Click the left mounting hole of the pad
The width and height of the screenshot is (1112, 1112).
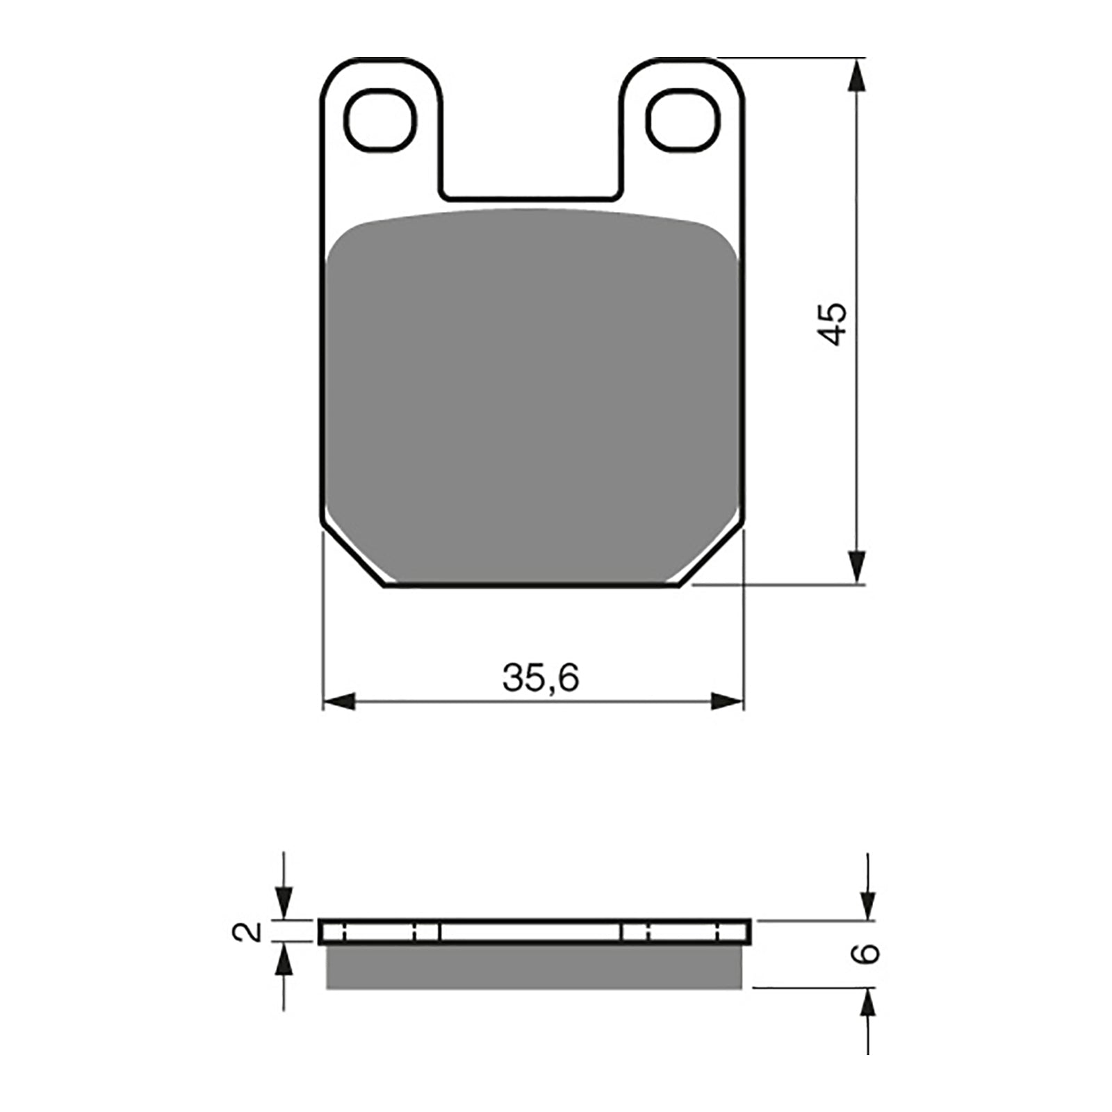click(x=381, y=120)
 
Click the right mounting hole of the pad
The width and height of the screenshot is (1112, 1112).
click(x=682, y=120)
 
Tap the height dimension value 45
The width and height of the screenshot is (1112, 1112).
click(x=832, y=323)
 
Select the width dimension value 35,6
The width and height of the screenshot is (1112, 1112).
click(x=541, y=678)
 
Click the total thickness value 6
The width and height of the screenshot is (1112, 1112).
click(x=867, y=954)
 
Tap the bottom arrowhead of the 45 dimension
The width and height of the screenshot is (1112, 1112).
click(x=858, y=566)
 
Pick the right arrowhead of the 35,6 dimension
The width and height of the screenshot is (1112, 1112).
click(x=727, y=701)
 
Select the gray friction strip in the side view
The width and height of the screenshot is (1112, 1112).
click(x=534, y=967)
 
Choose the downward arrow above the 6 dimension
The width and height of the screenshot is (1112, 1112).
click(x=868, y=903)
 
